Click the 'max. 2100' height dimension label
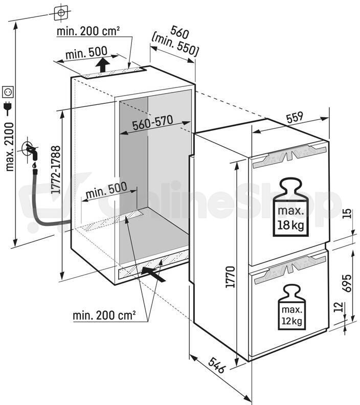(10, 146)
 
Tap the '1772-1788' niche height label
(56, 170)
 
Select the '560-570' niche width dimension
(152, 123)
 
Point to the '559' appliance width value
(295, 118)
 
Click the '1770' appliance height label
(230, 277)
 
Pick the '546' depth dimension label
(217, 365)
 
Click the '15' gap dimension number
(348, 213)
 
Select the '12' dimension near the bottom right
(340, 307)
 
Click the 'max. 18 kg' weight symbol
(291, 207)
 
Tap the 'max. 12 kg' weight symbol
(291, 307)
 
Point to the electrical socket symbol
(8, 92)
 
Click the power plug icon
(8, 109)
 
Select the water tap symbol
(31, 152)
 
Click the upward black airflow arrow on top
(102, 65)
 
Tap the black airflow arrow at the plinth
(153, 274)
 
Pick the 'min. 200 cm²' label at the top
(88, 31)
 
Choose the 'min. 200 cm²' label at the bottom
(104, 315)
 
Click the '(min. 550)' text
(175, 44)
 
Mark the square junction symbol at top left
(61, 12)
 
